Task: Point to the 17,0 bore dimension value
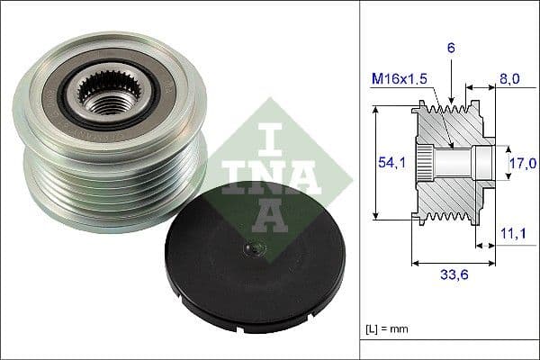click(521, 163)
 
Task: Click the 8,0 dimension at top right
click(509, 79)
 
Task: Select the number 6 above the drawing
click(450, 47)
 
